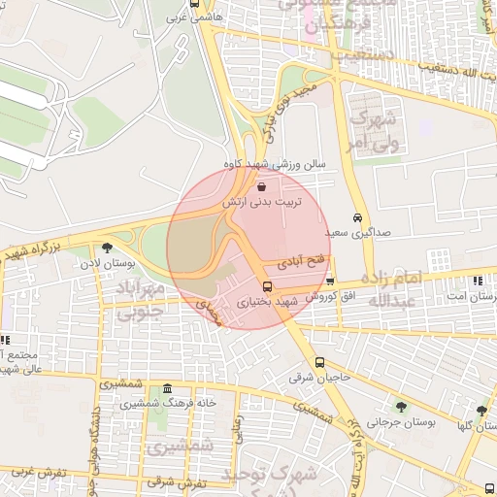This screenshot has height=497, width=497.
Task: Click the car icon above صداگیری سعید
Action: coord(358,217)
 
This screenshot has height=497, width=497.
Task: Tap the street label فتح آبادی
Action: coord(297,262)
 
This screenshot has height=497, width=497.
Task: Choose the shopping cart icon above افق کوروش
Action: coord(330,281)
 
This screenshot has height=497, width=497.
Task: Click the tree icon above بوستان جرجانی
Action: coord(401,407)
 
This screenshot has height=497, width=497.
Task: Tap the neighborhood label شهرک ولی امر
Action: coord(373,131)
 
